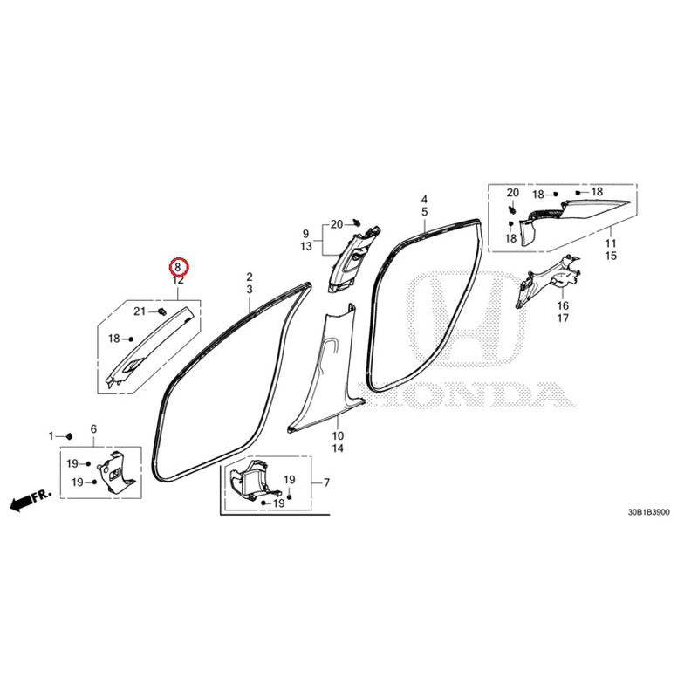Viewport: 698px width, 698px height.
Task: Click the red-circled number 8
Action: click(178, 267)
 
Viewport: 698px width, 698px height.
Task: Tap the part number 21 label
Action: click(140, 311)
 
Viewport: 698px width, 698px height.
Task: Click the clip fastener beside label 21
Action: click(162, 311)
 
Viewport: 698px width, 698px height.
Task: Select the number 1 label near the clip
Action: click(51, 435)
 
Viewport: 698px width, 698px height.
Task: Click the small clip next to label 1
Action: click(70, 435)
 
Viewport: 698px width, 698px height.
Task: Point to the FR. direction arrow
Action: click(31, 500)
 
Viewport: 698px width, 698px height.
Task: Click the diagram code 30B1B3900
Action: click(648, 512)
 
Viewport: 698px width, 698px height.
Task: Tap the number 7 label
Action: click(326, 482)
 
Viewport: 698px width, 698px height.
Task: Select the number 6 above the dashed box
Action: click(93, 429)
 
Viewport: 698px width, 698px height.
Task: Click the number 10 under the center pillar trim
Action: click(338, 435)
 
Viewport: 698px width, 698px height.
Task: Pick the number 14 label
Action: click(338, 448)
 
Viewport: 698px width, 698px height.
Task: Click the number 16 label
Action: click(563, 305)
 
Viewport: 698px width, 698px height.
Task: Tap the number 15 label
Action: click(611, 256)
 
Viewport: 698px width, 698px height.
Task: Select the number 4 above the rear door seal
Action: click(425, 200)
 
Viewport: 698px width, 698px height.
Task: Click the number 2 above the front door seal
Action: click(250, 277)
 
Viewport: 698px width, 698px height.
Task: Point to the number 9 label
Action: click(305, 234)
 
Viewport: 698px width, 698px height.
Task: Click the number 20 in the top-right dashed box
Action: click(513, 193)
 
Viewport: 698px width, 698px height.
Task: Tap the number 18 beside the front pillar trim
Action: click(114, 339)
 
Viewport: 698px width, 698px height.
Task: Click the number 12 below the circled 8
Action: click(178, 280)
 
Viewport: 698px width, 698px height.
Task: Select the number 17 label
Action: click(563, 318)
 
